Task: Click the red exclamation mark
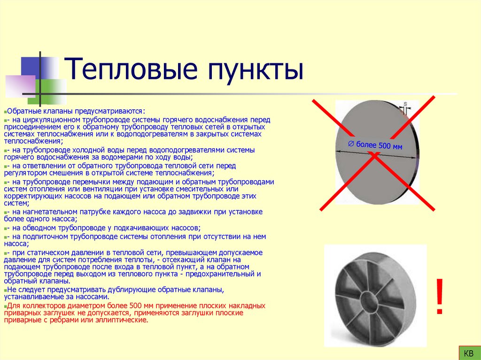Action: coord(440,297)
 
